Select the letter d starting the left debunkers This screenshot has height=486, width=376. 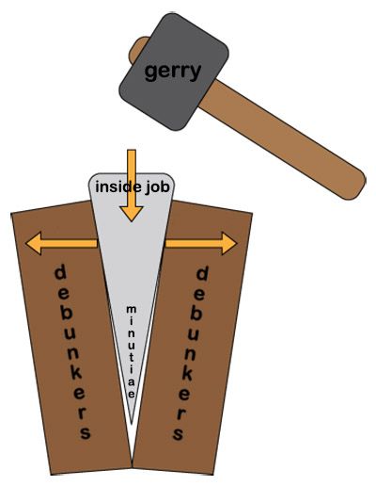coord(59,274)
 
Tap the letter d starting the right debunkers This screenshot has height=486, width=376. coord(200,274)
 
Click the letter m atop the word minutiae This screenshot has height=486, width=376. coord(132,310)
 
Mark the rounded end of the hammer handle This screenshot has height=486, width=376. coord(352,180)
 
